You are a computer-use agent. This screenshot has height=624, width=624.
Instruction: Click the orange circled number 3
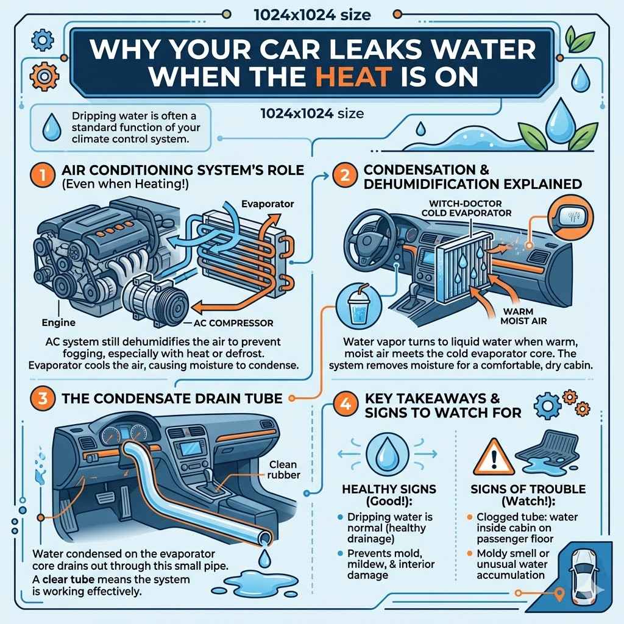click(x=38, y=399)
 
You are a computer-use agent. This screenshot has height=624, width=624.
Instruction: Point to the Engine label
click(x=58, y=322)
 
